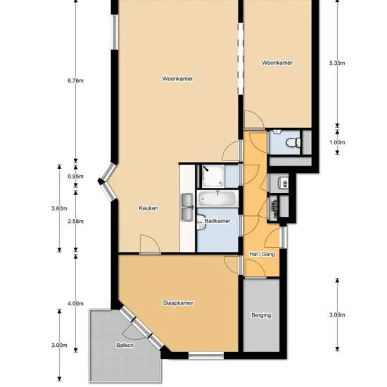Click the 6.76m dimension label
[x=75, y=81]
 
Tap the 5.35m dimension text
[x=337, y=63]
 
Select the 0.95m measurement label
[x=75, y=177]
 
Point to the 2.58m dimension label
[x=75, y=222]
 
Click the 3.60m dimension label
[x=59, y=208]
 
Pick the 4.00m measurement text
[x=75, y=303]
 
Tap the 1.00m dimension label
[x=337, y=142]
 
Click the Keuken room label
[x=148, y=208]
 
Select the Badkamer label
[x=217, y=221]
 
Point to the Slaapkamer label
[x=178, y=303]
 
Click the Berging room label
[x=261, y=315]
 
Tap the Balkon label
[x=125, y=345]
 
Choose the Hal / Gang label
[x=262, y=254]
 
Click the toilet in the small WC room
[x=293, y=143]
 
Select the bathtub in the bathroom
[x=217, y=198]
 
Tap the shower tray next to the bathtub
[x=212, y=176]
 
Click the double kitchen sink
[x=187, y=207]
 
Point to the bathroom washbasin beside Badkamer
[x=201, y=222]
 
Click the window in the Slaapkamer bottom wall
[x=206, y=355]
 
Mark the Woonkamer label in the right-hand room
[x=277, y=63]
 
